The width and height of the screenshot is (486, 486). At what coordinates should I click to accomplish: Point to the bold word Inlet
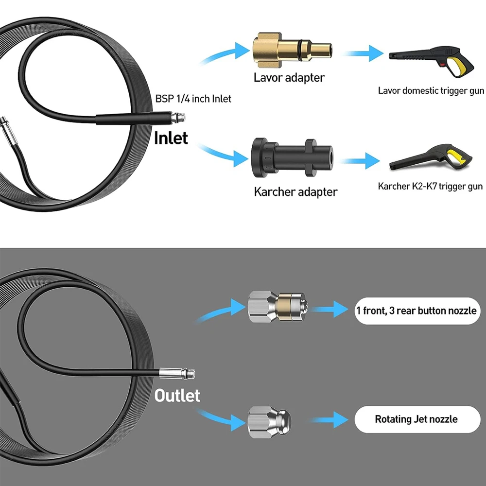(x=171, y=138)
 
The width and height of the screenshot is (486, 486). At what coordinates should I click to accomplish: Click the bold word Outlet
(x=177, y=395)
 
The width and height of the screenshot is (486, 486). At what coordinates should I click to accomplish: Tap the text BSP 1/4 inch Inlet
(x=193, y=99)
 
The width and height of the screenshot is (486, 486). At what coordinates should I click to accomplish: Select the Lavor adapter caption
(x=289, y=77)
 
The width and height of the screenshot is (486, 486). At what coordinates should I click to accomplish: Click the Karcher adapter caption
(x=295, y=191)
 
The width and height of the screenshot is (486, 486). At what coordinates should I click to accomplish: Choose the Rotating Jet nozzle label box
(x=416, y=419)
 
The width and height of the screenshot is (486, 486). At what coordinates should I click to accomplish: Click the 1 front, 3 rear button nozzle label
(x=417, y=311)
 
